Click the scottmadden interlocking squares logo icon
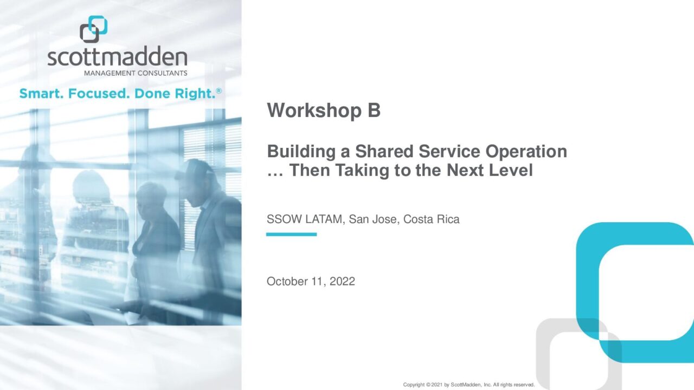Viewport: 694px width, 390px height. (94, 29)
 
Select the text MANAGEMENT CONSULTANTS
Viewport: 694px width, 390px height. (136, 73)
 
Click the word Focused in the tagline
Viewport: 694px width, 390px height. (99, 94)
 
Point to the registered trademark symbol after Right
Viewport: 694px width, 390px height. (219, 90)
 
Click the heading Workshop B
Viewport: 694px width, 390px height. (324, 110)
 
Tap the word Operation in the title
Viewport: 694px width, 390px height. (526, 152)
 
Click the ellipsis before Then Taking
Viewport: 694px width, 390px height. (275, 175)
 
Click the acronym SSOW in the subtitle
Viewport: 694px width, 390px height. (284, 219)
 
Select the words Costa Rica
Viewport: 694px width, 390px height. (431, 219)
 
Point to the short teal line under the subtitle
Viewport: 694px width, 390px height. (291, 235)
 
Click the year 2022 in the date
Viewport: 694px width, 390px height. (342, 281)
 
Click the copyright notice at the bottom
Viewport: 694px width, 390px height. (469, 385)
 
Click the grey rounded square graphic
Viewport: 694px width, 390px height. (543, 356)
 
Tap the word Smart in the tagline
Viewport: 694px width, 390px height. (41, 94)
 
